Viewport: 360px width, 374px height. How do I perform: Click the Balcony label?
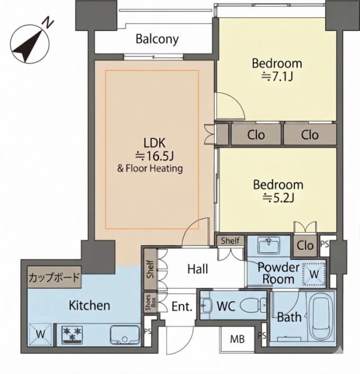pos(157,39)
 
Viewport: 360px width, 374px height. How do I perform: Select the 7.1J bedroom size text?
pos(277,76)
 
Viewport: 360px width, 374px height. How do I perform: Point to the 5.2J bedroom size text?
pos(278,198)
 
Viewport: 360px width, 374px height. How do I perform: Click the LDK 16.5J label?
pos(155,150)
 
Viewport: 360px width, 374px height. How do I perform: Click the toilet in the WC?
pos(253,305)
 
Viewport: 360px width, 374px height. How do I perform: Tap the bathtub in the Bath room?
pos(321,317)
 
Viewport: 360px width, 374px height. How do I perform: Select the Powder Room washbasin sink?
pos(269,246)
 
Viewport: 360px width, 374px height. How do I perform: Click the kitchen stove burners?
pos(72,334)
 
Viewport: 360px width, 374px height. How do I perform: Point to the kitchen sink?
pos(125,335)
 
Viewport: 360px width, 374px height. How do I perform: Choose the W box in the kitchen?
pos(40,334)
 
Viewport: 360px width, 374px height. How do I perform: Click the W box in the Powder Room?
pos(314,274)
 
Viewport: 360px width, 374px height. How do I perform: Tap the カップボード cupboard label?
pos(54,277)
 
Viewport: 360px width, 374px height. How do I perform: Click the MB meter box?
pos(237,339)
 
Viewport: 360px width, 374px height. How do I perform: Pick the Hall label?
pos(197,269)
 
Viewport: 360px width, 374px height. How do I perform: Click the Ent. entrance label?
pos(182,306)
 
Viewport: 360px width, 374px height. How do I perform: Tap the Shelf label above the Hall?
pos(230,241)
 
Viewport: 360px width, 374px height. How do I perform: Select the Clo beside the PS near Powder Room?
pos(305,246)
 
